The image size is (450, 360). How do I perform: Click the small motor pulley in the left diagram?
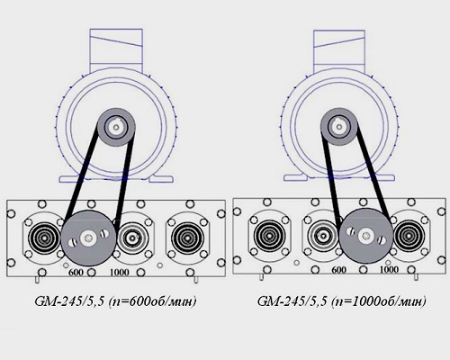(x=116, y=127)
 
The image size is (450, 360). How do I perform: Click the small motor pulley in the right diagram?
(x=338, y=127)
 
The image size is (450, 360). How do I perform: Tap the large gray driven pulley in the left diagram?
(x=88, y=238)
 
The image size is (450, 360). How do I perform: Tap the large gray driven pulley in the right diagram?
(x=366, y=236)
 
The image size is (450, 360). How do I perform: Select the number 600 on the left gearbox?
(x=76, y=273)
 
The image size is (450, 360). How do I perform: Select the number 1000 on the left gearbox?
(x=120, y=273)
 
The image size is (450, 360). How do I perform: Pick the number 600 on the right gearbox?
(x=338, y=270)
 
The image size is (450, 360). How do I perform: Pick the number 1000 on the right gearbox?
(x=389, y=269)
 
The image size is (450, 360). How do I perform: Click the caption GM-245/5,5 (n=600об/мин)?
(x=115, y=301)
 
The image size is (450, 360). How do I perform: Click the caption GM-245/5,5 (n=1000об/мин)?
(x=341, y=301)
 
